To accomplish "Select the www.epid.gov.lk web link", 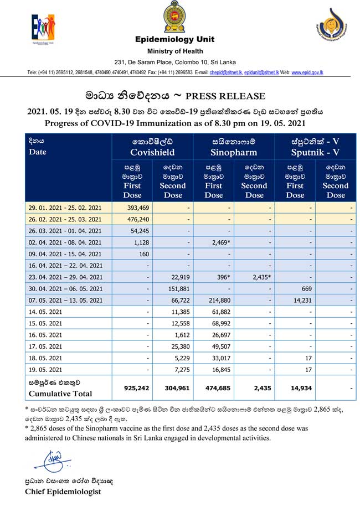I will coord(307,73).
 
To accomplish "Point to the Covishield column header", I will coord(152,147).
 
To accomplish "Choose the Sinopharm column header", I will coord(234,147).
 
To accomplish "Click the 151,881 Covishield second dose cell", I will coord(174,289).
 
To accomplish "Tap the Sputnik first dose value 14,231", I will coord(295,301).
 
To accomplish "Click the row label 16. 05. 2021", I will coord(45,335).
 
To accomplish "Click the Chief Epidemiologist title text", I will coord(62,492).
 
